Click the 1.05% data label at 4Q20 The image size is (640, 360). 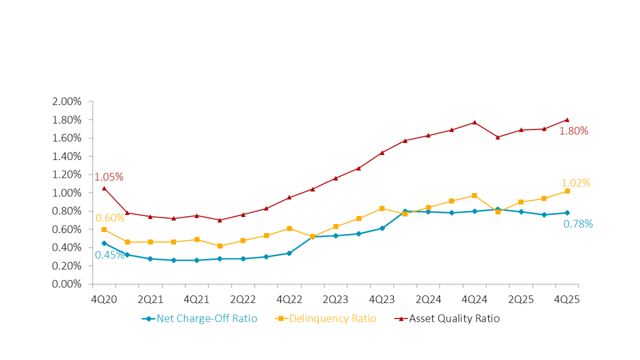tap(109, 177)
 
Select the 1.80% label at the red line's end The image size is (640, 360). tap(573, 131)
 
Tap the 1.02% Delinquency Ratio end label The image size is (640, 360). tap(575, 183)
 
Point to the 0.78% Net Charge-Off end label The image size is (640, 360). tap(578, 224)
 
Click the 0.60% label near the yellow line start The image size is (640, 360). tap(110, 218)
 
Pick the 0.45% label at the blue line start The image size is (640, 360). tap(109, 255)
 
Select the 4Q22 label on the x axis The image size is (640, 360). tap(289, 300)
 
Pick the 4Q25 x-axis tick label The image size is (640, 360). tap(567, 300)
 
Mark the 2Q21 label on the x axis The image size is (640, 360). tap(150, 300)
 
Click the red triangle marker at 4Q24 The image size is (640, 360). tap(475, 122)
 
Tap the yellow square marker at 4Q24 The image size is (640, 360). tap(475, 196)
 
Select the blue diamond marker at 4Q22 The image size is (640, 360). tap(289, 253)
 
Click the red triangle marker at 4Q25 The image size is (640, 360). tap(567, 119)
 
